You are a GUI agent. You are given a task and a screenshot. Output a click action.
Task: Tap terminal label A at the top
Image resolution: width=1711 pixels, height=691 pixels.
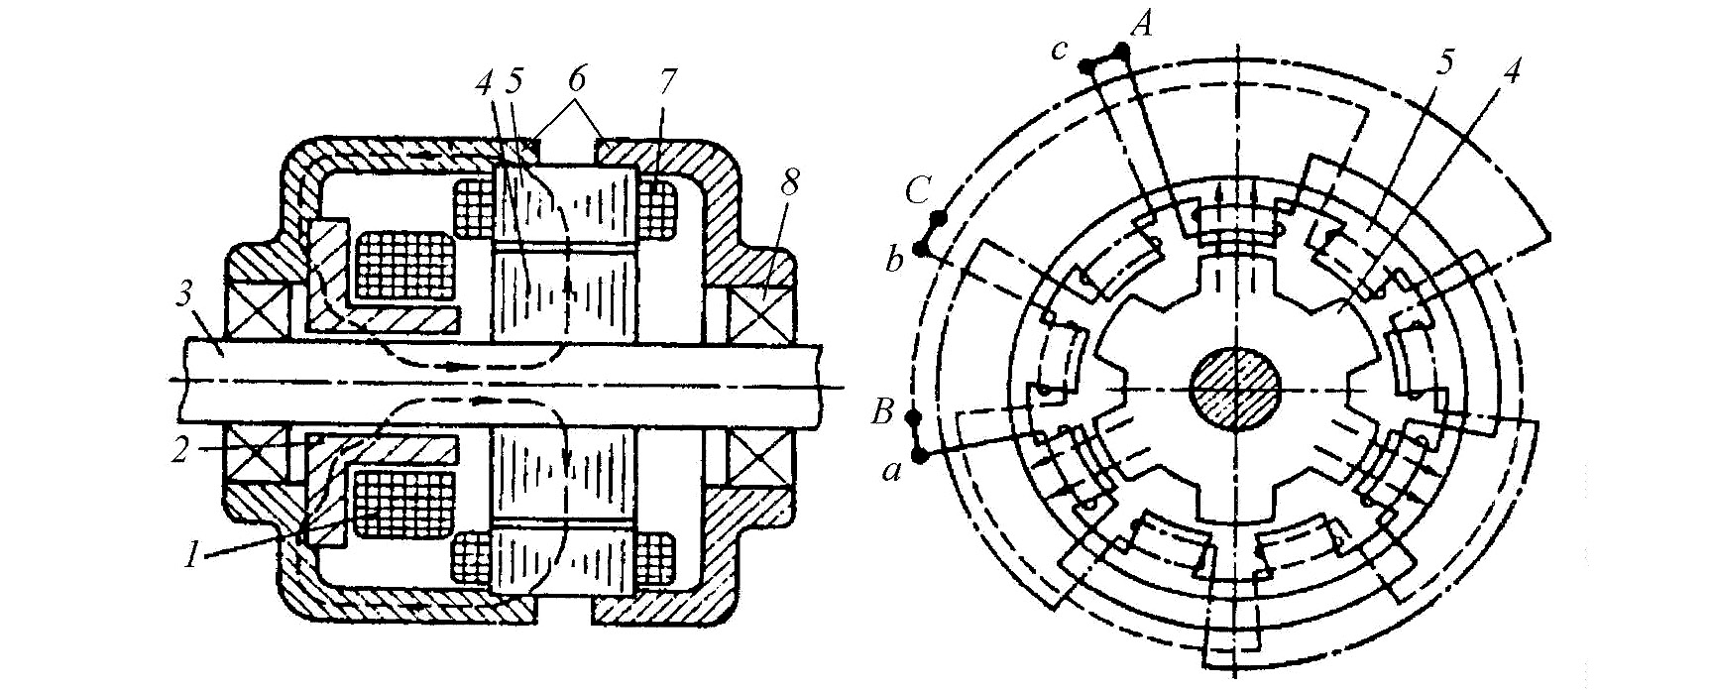tap(1141, 24)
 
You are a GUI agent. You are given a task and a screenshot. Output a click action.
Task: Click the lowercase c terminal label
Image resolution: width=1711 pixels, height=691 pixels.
tap(1060, 49)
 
